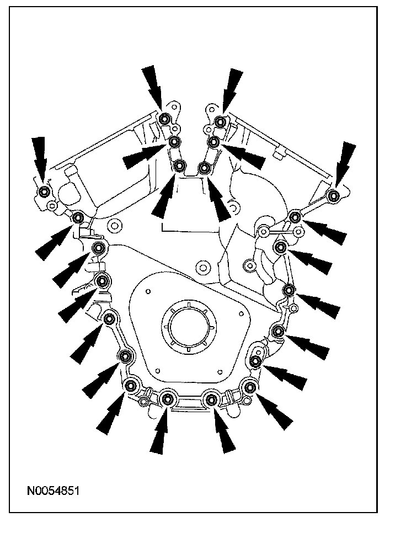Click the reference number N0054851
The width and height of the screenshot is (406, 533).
(53, 491)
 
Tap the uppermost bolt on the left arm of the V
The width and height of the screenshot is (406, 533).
(164, 120)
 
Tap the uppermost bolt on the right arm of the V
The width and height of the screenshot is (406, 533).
(220, 122)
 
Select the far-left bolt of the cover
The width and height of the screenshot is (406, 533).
(44, 191)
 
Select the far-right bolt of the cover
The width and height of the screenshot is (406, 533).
(333, 196)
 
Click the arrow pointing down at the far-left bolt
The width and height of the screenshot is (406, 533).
(39, 156)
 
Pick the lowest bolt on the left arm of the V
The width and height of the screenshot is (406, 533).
(179, 166)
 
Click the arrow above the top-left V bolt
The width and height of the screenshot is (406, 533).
(153, 86)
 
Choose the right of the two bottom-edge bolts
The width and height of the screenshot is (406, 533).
(210, 398)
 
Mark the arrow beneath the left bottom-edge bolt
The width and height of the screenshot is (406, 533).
(160, 433)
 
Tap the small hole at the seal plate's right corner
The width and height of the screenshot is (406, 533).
(240, 313)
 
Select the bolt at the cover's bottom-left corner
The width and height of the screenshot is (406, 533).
(131, 385)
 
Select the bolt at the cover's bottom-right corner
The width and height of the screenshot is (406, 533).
(250, 387)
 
